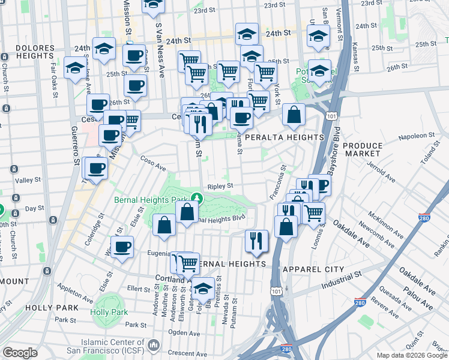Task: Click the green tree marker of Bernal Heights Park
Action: point(197,197)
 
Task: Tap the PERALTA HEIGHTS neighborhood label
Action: point(285,137)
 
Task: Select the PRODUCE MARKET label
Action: point(363,150)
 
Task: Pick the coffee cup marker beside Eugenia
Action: point(122,247)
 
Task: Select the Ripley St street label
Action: point(220,187)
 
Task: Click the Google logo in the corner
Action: point(20,352)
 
